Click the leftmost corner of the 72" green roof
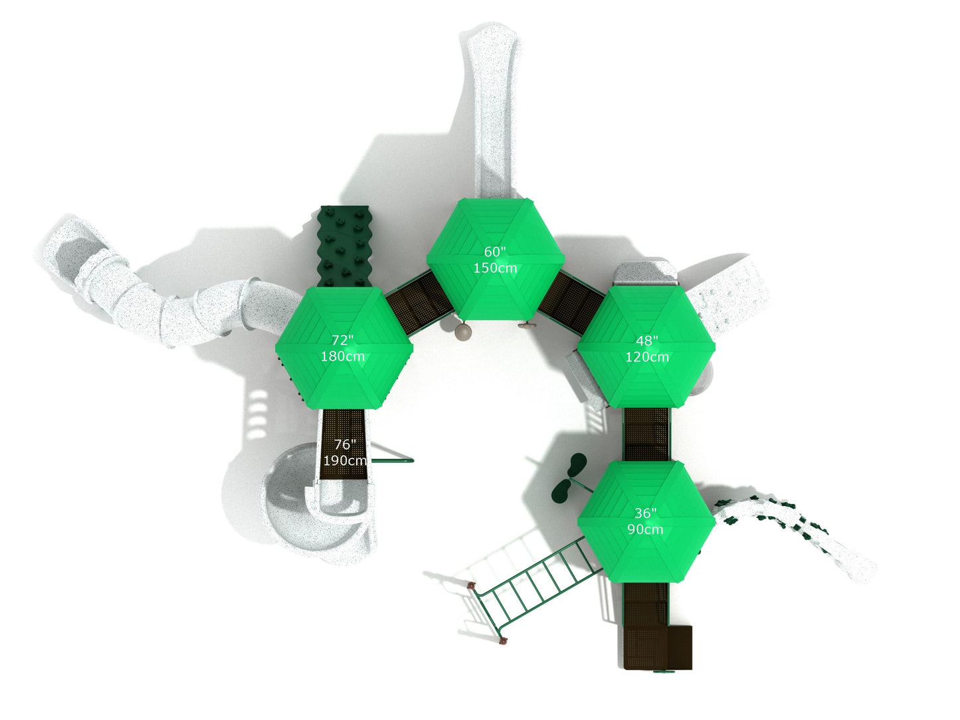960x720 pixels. pyautogui.click(x=275, y=347)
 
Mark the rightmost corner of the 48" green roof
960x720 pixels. pyautogui.click(x=715, y=347)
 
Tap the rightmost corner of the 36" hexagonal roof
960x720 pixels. pyautogui.click(x=716, y=521)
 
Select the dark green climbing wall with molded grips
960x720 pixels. pyautogui.click(x=345, y=246)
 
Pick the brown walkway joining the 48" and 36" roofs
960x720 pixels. pyautogui.click(x=646, y=434)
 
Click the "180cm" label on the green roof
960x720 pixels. pyautogui.click(x=343, y=356)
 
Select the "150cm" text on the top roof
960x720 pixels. pyautogui.click(x=495, y=268)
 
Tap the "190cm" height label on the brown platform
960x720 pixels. pyautogui.click(x=345, y=460)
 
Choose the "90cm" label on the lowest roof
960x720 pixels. pyautogui.click(x=646, y=529)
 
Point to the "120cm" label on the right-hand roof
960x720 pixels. pyautogui.click(x=647, y=357)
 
